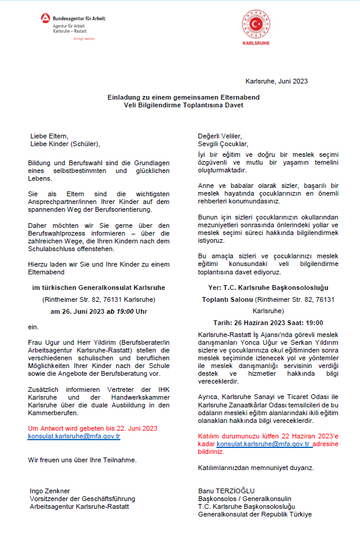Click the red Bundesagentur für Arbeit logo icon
tap(45, 19)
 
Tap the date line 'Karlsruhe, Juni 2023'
tap(277, 81)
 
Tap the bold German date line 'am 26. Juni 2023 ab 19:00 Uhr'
tap(98, 311)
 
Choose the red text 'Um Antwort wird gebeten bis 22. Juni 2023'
tap(92, 428)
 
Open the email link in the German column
tap(74, 436)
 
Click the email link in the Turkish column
tap(263, 444)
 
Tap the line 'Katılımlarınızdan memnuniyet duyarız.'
tap(256, 468)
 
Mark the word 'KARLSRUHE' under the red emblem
tap(256, 44)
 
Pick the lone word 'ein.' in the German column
tap(33, 327)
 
